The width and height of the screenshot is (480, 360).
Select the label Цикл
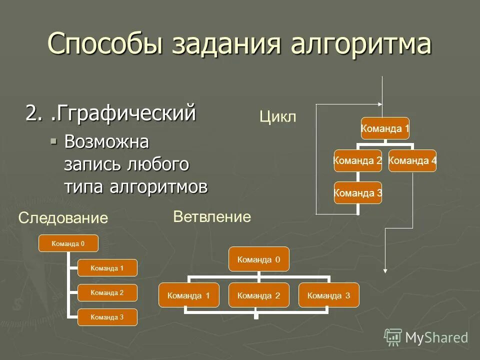[x=278, y=117]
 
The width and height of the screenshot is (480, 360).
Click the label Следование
[x=63, y=217]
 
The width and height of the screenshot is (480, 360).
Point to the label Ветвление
[x=212, y=216]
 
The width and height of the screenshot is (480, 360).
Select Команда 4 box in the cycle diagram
[x=412, y=160]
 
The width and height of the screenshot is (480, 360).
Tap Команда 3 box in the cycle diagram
[x=358, y=193]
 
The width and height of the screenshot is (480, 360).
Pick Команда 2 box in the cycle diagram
[x=358, y=160]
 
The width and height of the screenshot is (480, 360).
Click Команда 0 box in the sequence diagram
[x=68, y=243]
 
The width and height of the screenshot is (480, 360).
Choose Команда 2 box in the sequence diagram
[x=107, y=292]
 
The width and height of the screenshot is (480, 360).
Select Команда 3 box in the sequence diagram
[x=107, y=317]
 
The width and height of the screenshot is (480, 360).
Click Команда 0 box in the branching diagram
[x=259, y=259]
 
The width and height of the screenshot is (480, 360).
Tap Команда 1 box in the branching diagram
[x=189, y=295]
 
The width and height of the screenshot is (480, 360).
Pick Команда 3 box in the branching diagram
[x=328, y=295]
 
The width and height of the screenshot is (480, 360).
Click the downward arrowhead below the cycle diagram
[x=384, y=270]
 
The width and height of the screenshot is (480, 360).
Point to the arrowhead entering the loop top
[x=379, y=104]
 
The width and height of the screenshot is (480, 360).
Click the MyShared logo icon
[x=393, y=337]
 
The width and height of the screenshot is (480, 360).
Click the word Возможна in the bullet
[x=106, y=142]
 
